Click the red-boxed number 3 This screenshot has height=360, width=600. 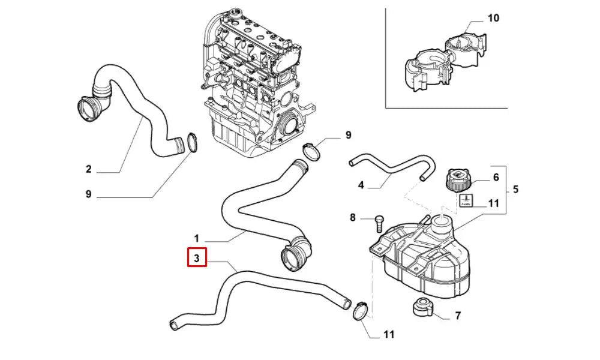tap(197, 258)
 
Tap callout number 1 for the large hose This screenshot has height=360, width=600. tap(197, 238)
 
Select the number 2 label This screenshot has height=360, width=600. tap(88, 169)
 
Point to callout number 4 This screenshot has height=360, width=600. tap(361, 185)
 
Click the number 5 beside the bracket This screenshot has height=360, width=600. tap(516, 190)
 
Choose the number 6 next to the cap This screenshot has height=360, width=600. tap(496, 177)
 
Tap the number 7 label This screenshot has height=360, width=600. tap(458, 315)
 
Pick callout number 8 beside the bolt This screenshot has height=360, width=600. tap(353, 217)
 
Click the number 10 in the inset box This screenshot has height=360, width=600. tap(493, 19)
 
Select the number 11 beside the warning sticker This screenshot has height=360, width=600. tap(493, 203)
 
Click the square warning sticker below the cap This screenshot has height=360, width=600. tap(466, 201)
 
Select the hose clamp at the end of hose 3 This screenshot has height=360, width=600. tap(359, 310)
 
